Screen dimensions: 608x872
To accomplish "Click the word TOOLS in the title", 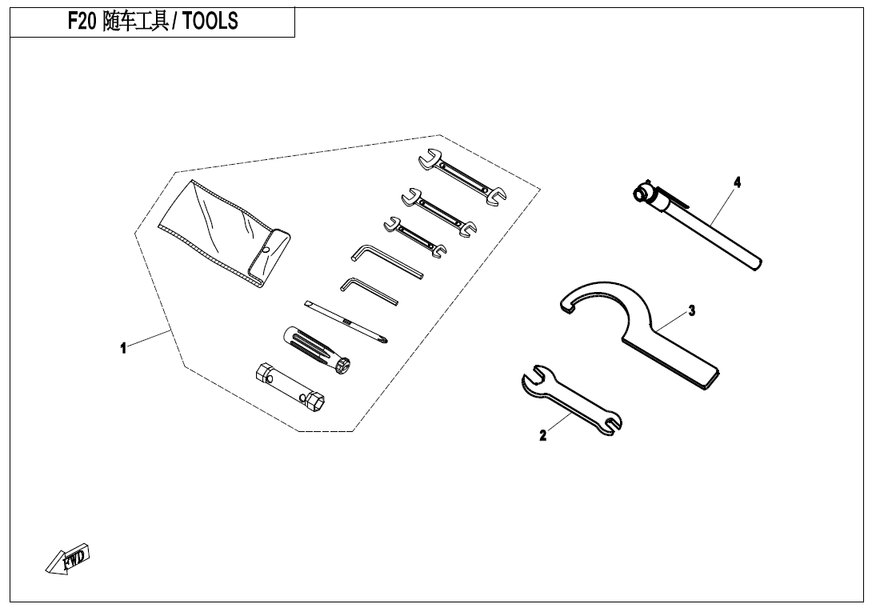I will click(210, 22).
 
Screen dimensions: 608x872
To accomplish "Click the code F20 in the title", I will click(82, 22).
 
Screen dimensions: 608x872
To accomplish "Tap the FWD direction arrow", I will click(69, 559).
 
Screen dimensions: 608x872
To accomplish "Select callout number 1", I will click(123, 348).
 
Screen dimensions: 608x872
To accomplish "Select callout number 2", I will click(543, 436).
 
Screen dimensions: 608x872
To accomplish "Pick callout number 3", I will click(692, 310).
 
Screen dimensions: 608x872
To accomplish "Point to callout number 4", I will click(737, 182).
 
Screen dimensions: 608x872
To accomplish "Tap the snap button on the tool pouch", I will click(265, 249).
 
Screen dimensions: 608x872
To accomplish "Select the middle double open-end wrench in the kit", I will click(439, 212).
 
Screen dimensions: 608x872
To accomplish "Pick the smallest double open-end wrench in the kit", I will click(415, 237).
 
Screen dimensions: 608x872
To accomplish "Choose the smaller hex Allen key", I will click(367, 290).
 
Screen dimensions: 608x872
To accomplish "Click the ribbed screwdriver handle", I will click(311, 350).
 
